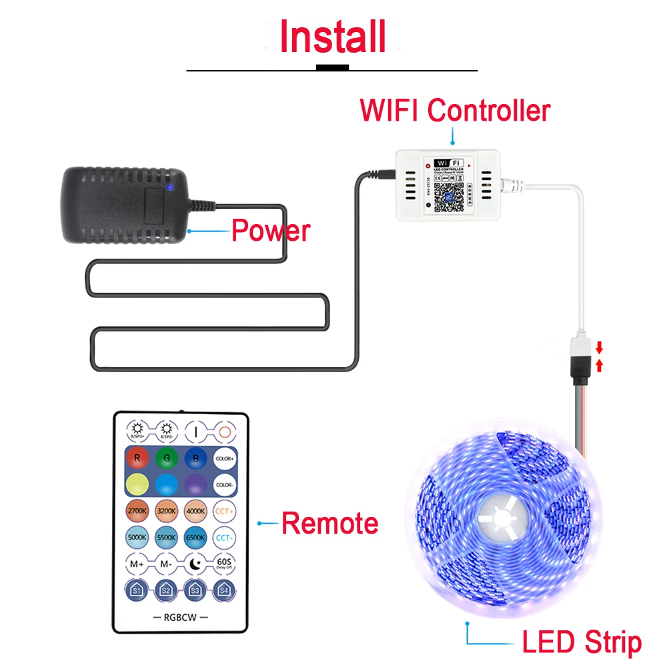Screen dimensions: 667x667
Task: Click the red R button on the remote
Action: coord(137,458)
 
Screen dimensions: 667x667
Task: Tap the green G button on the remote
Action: coord(165,458)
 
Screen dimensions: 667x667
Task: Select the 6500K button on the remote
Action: coord(195,536)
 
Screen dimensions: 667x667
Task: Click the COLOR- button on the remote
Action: coord(224,484)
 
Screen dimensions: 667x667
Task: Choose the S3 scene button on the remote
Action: coord(195,590)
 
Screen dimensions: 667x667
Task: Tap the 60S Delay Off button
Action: coord(224,564)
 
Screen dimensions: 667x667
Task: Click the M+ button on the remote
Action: coord(137,564)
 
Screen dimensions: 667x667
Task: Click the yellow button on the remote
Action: coord(137,484)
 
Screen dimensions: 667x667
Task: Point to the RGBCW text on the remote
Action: coord(180,616)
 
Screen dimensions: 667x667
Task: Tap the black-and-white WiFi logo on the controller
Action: coord(448,163)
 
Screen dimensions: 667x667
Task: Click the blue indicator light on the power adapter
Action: coord(170,187)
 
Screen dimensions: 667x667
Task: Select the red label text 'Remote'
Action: coord(329,523)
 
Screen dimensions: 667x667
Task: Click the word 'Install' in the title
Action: coord(332,37)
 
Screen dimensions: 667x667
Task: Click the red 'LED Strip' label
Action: coord(581,642)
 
